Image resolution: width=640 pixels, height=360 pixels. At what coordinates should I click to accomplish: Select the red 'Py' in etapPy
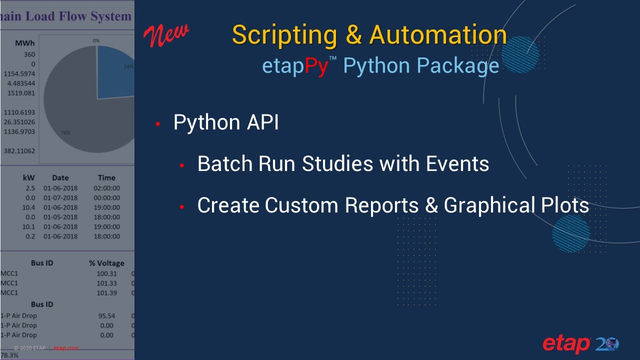[316, 66]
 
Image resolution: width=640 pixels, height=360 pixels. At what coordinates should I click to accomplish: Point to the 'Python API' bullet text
[225, 122]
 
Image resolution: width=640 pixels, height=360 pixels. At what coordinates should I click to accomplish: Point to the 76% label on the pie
[65, 132]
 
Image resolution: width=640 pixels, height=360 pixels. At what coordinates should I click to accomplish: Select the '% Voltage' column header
[106, 263]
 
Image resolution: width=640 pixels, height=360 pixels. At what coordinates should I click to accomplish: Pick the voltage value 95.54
[107, 316]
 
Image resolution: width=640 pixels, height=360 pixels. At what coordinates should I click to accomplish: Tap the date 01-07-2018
[60, 197]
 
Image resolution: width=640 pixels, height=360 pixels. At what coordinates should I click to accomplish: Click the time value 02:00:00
[107, 188]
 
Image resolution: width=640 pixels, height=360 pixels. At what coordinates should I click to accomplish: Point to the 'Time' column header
[106, 177]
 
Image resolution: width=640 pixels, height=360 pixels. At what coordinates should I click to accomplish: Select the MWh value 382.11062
[18, 151]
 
